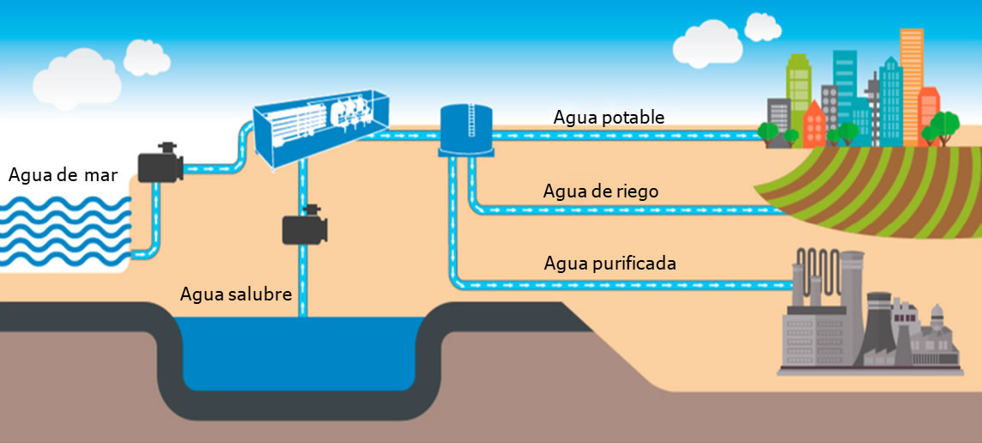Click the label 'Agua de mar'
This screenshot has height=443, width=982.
[63, 175]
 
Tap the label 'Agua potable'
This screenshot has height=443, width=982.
[609, 118]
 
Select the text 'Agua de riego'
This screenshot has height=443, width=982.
[601, 191]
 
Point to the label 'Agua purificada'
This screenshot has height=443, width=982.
[609, 263]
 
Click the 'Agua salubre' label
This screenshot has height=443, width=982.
[236, 294]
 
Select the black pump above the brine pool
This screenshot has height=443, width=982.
[305, 228]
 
